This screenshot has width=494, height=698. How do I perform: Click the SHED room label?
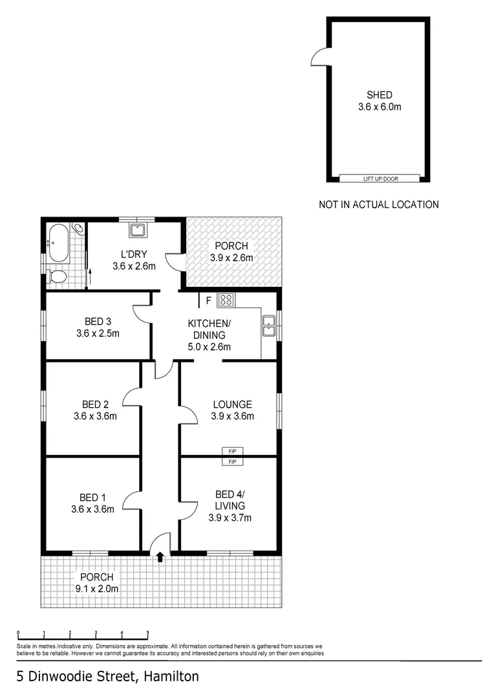(x=380, y=95)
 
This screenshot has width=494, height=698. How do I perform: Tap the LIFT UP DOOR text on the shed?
(x=380, y=178)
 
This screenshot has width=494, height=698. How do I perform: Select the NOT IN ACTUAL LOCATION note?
(x=379, y=204)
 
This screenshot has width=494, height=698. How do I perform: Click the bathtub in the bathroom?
(x=59, y=244)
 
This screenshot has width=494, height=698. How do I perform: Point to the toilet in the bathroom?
(x=57, y=277)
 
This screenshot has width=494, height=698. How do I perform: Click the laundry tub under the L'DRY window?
(x=137, y=230)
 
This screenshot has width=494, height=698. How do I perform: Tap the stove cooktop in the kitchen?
(x=226, y=299)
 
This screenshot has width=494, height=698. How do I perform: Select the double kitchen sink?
(x=268, y=326)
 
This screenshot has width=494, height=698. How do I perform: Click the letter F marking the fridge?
(x=208, y=300)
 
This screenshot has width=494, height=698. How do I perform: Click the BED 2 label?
(x=95, y=405)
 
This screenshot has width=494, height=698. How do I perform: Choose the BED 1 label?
(x=92, y=497)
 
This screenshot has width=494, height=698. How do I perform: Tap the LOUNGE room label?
(x=232, y=405)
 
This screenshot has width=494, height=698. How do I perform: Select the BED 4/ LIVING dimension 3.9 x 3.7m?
(x=231, y=517)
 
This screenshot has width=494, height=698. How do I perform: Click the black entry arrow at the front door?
(x=160, y=557)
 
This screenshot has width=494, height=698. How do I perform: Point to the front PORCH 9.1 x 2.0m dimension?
(x=97, y=588)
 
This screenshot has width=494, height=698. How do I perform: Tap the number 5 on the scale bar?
(x=148, y=633)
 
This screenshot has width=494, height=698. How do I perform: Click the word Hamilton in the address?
(x=170, y=677)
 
